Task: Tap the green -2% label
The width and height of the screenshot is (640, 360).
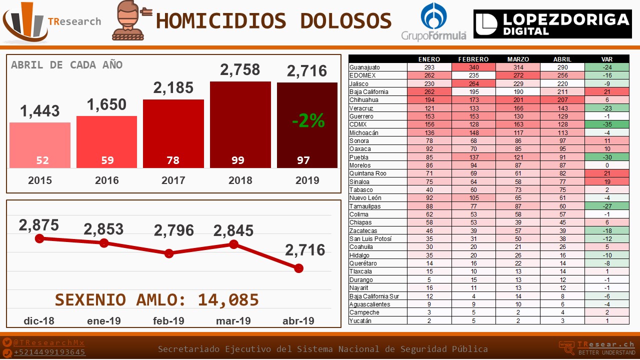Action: pos(308,120)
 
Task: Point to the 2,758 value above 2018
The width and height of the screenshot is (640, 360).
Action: pos(240,70)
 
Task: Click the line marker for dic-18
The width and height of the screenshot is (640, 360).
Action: pos(40,238)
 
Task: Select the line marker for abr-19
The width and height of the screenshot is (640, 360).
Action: pos(298,268)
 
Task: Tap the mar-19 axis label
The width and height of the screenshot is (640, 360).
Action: pos(233,320)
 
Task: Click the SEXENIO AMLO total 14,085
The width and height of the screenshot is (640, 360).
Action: pos(228,299)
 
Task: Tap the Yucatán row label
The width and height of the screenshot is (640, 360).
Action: pos(360,320)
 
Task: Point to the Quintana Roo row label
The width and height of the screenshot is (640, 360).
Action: pos(367,173)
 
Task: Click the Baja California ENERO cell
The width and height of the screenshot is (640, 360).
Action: pos(429,92)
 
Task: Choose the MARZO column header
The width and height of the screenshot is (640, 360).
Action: pos(518,59)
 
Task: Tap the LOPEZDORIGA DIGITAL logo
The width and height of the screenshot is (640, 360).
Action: pos(551,24)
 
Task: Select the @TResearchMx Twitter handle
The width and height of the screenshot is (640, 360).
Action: pos(49,342)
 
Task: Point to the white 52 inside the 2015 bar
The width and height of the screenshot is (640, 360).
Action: pos(42,160)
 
